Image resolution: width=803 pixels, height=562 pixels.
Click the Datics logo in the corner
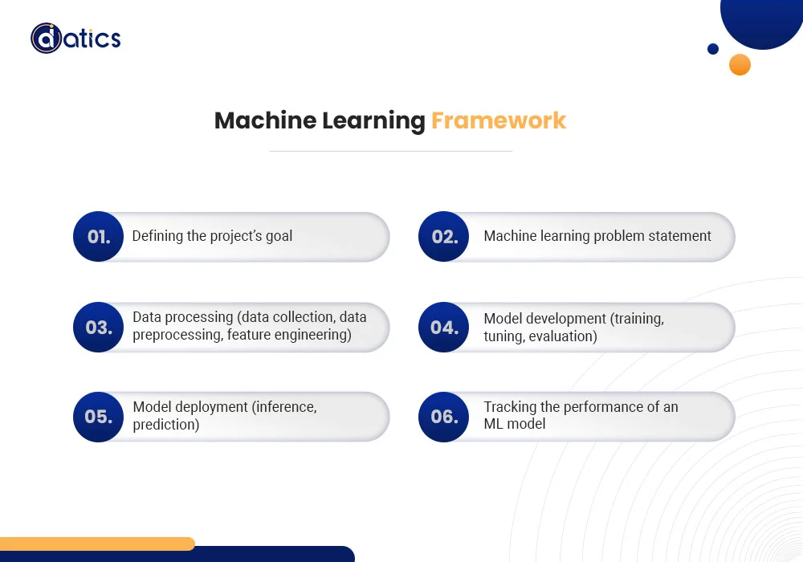pyautogui.click(x=75, y=38)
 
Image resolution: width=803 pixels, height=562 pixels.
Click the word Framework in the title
pyautogui.click(x=498, y=120)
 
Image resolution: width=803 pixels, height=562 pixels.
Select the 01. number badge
pyautogui.click(x=98, y=237)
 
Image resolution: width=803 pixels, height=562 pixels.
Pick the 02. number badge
pyautogui.click(x=444, y=237)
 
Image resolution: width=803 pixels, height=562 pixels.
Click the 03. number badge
pyautogui.click(x=98, y=328)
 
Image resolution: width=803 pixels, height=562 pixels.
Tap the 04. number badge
pyautogui.click(x=444, y=328)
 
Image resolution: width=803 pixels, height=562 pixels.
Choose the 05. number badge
pyautogui.click(x=98, y=417)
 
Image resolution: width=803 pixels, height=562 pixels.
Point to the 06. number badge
pyautogui.click(x=444, y=417)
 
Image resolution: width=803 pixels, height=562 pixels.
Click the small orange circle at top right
pyautogui.click(x=740, y=64)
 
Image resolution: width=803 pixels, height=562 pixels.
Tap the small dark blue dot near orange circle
pyautogui.click(x=713, y=49)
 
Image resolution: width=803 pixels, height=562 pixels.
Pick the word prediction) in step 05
pyautogui.click(x=165, y=425)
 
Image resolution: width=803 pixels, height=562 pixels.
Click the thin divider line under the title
pyautogui.click(x=390, y=151)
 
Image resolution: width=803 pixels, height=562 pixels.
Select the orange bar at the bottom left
pyautogui.click(x=96, y=544)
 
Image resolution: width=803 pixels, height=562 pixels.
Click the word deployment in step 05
pyautogui.click(x=210, y=407)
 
